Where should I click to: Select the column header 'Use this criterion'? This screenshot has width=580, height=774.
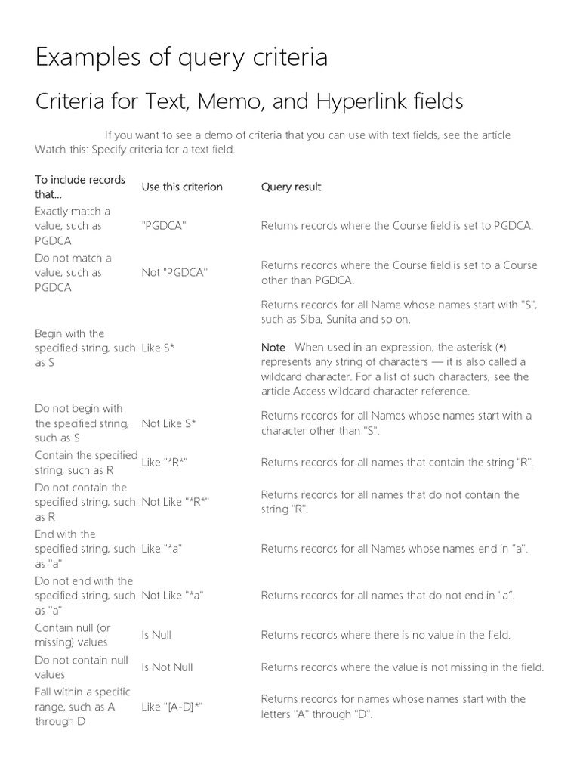182,187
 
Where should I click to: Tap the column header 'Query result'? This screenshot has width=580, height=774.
291,187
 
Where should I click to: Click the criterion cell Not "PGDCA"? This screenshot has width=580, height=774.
174,272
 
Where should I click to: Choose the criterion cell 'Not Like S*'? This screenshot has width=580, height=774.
168,423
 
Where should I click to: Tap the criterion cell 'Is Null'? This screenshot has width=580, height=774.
156,635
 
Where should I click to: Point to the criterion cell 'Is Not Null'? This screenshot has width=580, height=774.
167,667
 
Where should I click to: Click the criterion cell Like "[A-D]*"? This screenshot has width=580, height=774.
172,707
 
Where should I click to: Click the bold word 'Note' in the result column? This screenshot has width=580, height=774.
273,348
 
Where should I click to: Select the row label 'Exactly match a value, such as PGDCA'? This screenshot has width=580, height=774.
72,225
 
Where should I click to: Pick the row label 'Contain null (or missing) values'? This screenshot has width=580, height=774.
72,635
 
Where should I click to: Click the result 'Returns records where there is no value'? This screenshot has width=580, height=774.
385,635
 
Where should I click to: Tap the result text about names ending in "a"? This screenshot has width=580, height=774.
393,549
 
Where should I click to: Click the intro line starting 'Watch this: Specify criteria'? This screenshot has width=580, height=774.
135,150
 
